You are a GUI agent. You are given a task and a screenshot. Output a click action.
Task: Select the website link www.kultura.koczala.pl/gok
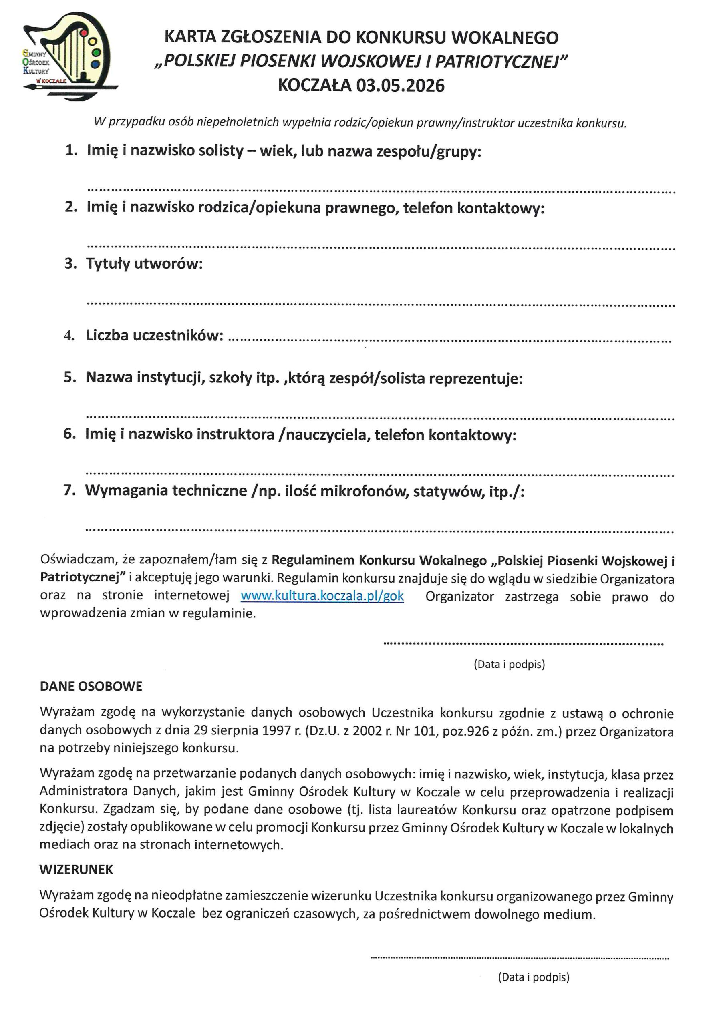(x=322, y=596)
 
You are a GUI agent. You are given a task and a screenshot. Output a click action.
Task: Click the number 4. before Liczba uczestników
(x=69, y=335)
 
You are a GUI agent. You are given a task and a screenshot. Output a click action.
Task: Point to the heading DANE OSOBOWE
(x=91, y=686)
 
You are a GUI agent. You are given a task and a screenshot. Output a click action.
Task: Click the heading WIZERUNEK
(x=77, y=869)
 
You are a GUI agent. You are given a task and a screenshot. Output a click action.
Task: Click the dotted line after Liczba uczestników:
(x=449, y=340)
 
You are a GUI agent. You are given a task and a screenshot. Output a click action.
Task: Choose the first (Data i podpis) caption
(x=509, y=664)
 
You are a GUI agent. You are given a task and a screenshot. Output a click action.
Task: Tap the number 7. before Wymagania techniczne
(x=70, y=490)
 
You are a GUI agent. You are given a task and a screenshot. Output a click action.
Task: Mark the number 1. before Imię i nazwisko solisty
(x=71, y=151)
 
